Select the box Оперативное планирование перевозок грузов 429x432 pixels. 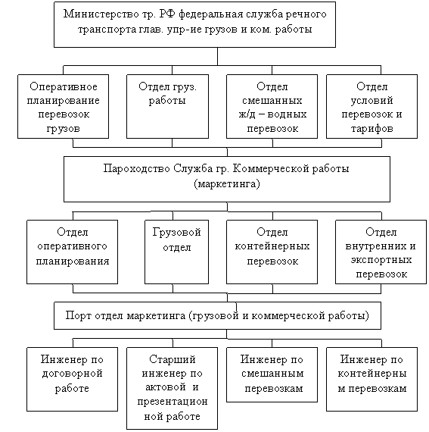coord(63,106)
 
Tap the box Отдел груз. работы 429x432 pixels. coord(167,106)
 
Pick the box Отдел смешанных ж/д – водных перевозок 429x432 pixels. coord(272,106)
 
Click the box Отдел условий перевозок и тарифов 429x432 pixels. coord(371,106)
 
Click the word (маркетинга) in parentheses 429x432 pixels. coord(227,183)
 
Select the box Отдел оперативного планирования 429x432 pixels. coord(73,252)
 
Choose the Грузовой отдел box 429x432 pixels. coord(176,252)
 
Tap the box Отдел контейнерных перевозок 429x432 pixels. coord(272,252)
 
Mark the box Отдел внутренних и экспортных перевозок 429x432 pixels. coord(381,252)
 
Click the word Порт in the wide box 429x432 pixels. coord(78,315)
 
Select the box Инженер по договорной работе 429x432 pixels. coord(73,379)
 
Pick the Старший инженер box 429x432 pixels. coord(173,388)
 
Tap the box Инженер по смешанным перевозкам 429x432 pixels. coord(272,374)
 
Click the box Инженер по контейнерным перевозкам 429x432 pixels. coord(371,379)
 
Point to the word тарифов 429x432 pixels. coord(371,129)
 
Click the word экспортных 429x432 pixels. coord(381,260)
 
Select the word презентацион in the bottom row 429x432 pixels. coord(173,402)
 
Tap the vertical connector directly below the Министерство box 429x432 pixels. coord(217,57)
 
